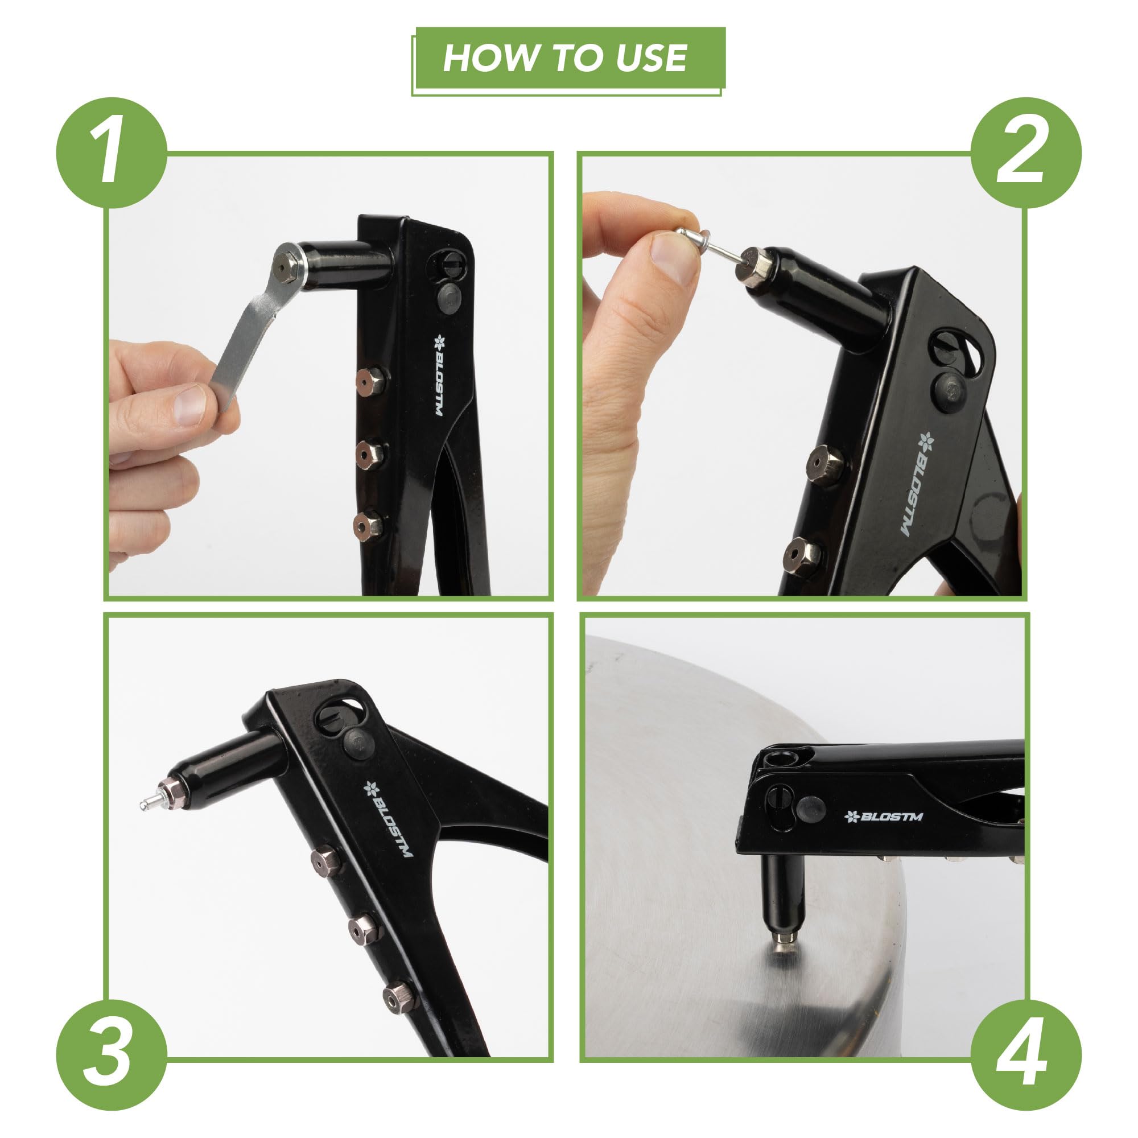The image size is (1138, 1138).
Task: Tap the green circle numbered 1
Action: point(112,152)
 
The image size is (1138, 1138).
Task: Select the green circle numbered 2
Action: point(1026,152)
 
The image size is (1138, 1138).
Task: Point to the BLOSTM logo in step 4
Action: point(884,817)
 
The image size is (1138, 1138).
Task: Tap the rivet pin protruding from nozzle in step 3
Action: point(150,802)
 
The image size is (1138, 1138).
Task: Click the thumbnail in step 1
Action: point(190,405)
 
